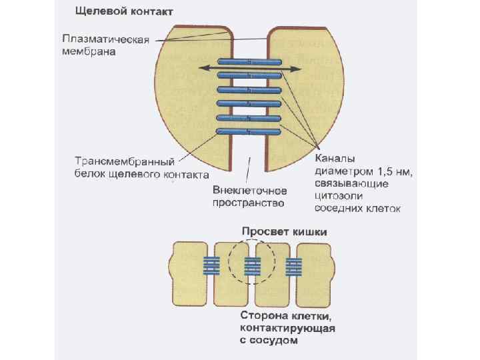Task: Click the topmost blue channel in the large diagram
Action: tap(249, 61)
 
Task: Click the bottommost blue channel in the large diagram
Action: tap(249, 131)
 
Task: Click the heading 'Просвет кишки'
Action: tap(283, 231)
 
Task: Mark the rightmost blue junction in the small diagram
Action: tap(293, 267)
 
